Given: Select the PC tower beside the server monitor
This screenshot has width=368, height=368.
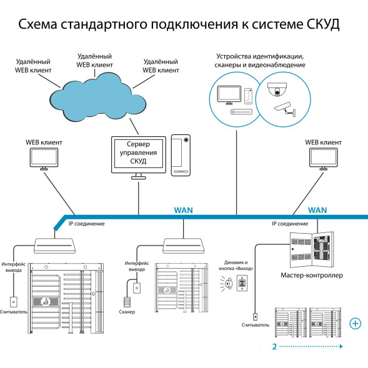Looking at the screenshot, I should (182, 154).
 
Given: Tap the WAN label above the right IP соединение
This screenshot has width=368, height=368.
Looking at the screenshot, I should (318, 211).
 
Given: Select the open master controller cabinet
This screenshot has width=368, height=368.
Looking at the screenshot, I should (312, 248).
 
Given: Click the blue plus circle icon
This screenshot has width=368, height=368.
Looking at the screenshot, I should (355, 323).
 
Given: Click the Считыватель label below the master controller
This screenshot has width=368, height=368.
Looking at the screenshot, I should (256, 325).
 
